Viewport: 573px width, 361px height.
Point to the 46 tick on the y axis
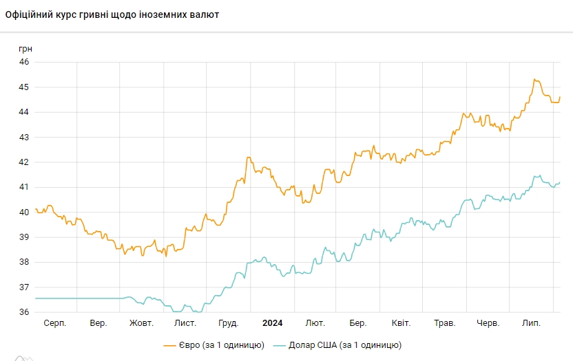(x=24, y=62)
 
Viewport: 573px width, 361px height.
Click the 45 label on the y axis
(x=24, y=87)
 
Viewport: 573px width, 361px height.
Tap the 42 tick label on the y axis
(x=24, y=162)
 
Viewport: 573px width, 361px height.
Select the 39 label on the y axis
(x=24, y=237)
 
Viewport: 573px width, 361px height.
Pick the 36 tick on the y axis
(x=24, y=312)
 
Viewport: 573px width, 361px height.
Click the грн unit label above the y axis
(x=25, y=49)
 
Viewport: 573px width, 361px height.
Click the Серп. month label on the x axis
(x=54, y=323)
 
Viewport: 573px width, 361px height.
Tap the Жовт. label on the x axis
(x=141, y=323)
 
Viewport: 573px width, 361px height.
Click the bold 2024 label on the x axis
(x=272, y=323)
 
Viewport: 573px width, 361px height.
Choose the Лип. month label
(x=531, y=323)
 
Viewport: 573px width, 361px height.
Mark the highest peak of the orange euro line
(x=534, y=79)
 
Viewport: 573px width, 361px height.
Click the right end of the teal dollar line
(x=560, y=182)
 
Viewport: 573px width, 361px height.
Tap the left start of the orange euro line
(x=36, y=209)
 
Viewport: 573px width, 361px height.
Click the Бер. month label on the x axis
(x=357, y=323)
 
